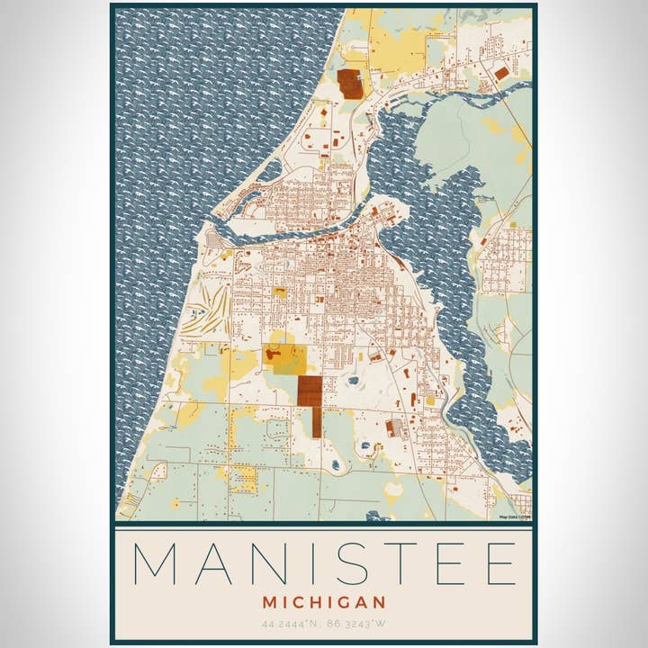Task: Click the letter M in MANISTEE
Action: pyautogui.click(x=159, y=564)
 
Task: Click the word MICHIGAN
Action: pyautogui.click(x=324, y=602)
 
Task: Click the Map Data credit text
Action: pyautogui.click(x=515, y=517)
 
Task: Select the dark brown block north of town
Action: pyautogui.click(x=350, y=84)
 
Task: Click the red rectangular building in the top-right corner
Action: pyautogui.click(x=501, y=73)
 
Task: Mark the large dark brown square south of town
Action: pyautogui.click(x=310, y=391)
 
